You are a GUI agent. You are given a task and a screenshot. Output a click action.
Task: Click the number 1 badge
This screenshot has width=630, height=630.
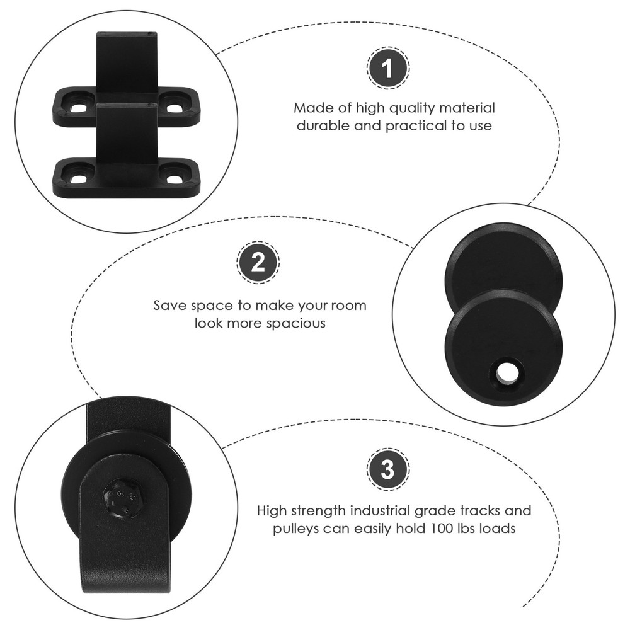click(x=387, y=68)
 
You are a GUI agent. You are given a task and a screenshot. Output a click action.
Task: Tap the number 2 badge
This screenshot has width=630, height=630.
click(x=258, y=262)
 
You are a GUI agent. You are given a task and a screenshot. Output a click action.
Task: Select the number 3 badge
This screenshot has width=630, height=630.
click(x=387, y=469)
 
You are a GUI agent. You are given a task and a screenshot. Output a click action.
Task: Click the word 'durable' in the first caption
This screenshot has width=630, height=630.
click(x=323, y=126)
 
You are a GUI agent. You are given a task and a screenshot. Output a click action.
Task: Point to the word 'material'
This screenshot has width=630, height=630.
click(x=467, y=108)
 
